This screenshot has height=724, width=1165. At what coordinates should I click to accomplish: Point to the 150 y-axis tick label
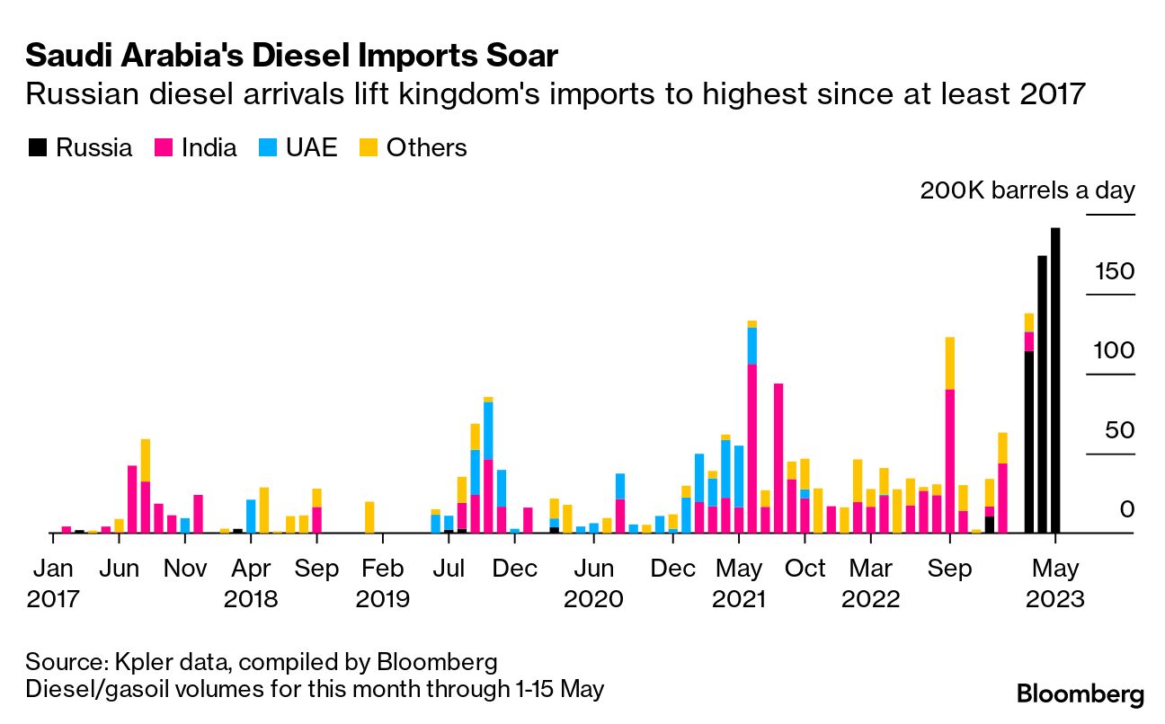1114,272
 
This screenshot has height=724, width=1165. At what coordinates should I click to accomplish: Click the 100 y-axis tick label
1114,351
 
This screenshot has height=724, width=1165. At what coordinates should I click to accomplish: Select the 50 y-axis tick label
1120,430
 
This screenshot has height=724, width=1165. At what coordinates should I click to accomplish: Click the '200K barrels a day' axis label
1027,190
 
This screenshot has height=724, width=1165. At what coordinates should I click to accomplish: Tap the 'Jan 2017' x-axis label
53,584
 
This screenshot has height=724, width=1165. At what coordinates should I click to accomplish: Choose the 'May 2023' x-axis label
1055,584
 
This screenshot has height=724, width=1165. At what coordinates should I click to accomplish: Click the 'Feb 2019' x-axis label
383,584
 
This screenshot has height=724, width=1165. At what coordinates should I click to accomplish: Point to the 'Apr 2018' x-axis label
251,584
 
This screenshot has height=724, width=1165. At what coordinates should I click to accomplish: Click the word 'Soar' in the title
518,57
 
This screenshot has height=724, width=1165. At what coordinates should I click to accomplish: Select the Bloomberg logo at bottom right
1080,694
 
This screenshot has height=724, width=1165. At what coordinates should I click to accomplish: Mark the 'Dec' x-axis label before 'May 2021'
673,569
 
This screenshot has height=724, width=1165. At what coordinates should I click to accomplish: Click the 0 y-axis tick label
1127,509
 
